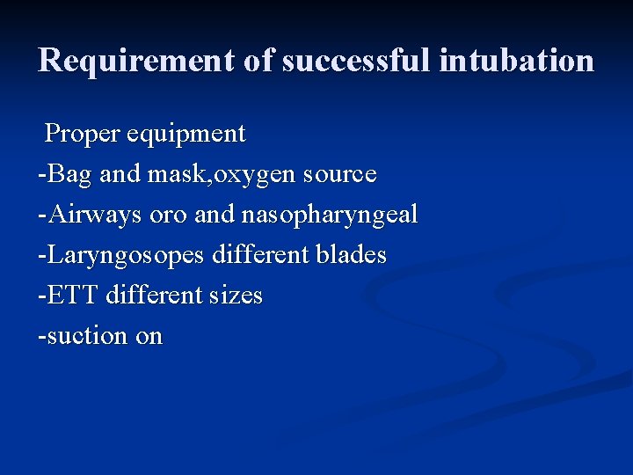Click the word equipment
(186, 134)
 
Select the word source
(339, 174)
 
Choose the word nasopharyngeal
(329, 215)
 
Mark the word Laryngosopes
(124, 255)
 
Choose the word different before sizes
(154, 296)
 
